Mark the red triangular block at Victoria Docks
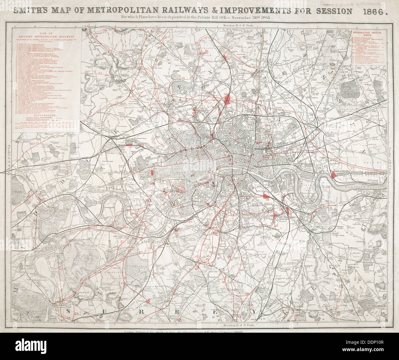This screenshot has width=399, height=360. pos(334,175)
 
